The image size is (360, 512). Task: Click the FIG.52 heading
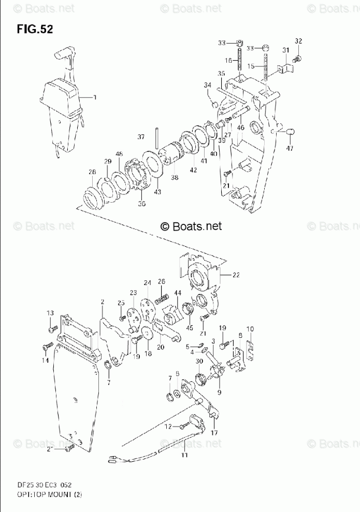tap(34, 29)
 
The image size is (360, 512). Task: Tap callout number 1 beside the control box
tap(95, 96)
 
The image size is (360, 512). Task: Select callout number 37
tap(141, 137)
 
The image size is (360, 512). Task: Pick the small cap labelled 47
tap(290, 130)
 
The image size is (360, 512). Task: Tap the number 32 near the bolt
tap(298, 41)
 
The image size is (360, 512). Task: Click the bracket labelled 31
tap(285, 67)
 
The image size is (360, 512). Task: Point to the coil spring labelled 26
tap(163, 299)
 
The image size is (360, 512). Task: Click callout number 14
tap(45, 360)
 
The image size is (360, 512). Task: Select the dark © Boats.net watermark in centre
tap(191, 226)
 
